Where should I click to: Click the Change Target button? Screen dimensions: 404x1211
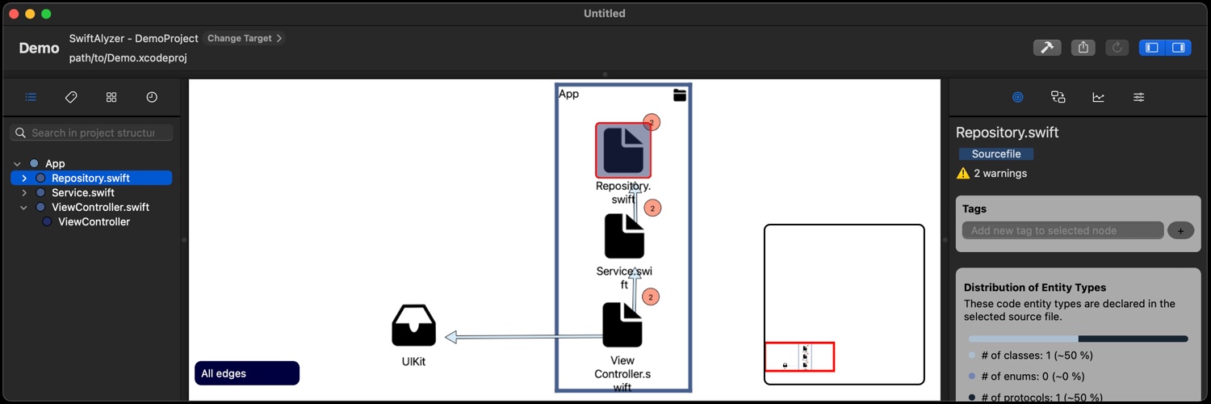(244, 38)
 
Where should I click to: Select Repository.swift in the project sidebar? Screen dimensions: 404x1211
(90, 178)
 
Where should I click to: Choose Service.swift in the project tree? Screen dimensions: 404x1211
(83, 192)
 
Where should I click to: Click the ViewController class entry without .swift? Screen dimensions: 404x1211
(94, 221)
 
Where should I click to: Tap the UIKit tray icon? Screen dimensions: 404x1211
(413, 326)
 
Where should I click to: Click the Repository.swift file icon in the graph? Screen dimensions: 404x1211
(623, 150)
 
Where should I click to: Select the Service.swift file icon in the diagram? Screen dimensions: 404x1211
(624, 236)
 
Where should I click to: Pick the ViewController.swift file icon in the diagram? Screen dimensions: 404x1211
(622, 325)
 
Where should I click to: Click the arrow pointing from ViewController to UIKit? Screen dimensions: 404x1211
(517, 336)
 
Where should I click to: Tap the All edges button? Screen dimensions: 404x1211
(247, 373)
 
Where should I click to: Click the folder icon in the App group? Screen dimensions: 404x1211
(680, 95)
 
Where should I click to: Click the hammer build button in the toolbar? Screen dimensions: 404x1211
(1047, 48)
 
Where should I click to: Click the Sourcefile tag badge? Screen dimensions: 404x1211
(995, 154)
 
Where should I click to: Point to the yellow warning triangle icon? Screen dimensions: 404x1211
(963, 173)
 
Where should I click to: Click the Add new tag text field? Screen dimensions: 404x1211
(1062, 230)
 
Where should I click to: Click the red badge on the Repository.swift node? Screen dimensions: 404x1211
(652, 122)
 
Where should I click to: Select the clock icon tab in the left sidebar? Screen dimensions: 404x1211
(152, 97)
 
